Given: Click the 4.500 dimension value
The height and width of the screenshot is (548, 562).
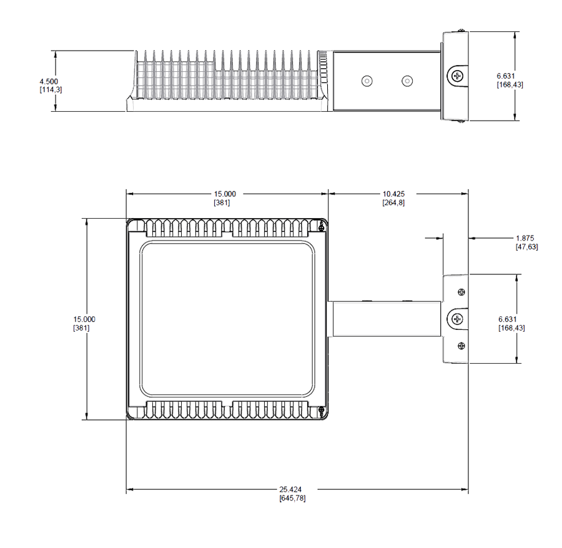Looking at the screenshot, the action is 49,81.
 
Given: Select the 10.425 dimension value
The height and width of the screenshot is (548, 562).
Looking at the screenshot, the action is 393,194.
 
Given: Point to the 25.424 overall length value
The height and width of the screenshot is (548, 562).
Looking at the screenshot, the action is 290,489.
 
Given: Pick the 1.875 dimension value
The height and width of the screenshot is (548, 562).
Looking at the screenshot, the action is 525,238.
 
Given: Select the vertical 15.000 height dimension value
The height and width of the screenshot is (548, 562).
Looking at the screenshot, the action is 84,319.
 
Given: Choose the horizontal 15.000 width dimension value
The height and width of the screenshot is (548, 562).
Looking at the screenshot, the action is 225,194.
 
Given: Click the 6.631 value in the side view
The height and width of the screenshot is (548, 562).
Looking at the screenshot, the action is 506,76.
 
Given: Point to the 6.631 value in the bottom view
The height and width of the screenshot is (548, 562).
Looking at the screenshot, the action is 508,319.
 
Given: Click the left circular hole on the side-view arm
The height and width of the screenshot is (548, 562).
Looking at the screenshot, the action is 367,81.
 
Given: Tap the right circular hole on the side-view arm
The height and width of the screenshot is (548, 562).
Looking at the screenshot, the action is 407,81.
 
